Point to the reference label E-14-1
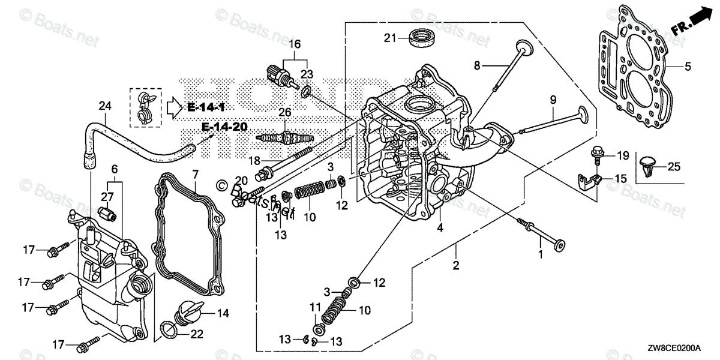pyautogui.click(x=206, y=107)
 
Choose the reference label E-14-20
pyautogui.click(x=226, y=127)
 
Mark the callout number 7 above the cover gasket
pyautogui.click(x=194, y=174)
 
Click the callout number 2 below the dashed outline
pyautogui.click(x=456, y=265)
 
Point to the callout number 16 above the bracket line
pyautogui.click(x=294, y=44)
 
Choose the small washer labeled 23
pyautogui.click(x=306, y=91)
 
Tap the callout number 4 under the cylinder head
pyautogui.click(x=440, y=227)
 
